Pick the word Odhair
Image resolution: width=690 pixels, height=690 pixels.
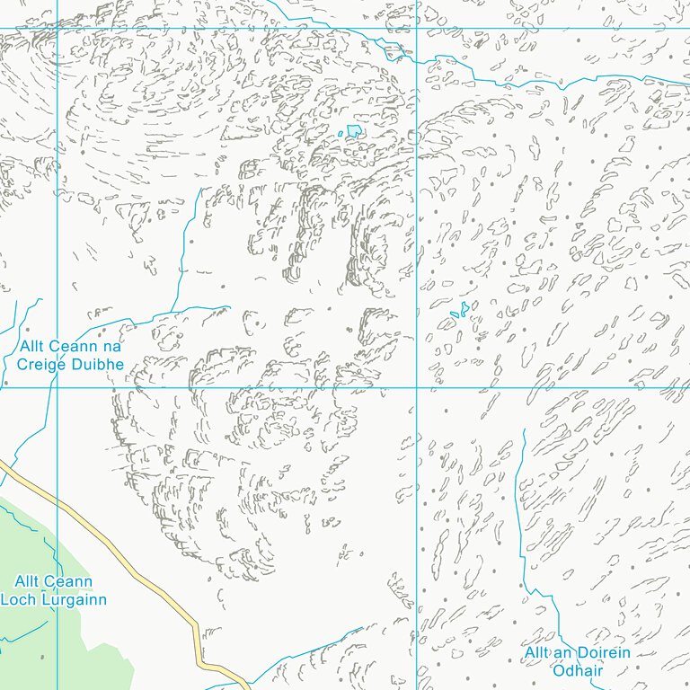pyautogui.click(x=578, y=670)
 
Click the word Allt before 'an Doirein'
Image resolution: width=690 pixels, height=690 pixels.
pyautogui.click(x=541, y=653)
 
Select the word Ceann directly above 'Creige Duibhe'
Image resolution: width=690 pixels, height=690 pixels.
pyautogui.click(x=76, y=347)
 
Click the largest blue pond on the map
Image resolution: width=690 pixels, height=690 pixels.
pyautogui.click(x=355, y=131)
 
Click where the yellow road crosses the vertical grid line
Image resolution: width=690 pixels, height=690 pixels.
pyautogui.click(x=57, y=502)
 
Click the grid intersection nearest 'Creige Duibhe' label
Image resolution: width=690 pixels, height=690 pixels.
pyautogui.click(x=57, y=387)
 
